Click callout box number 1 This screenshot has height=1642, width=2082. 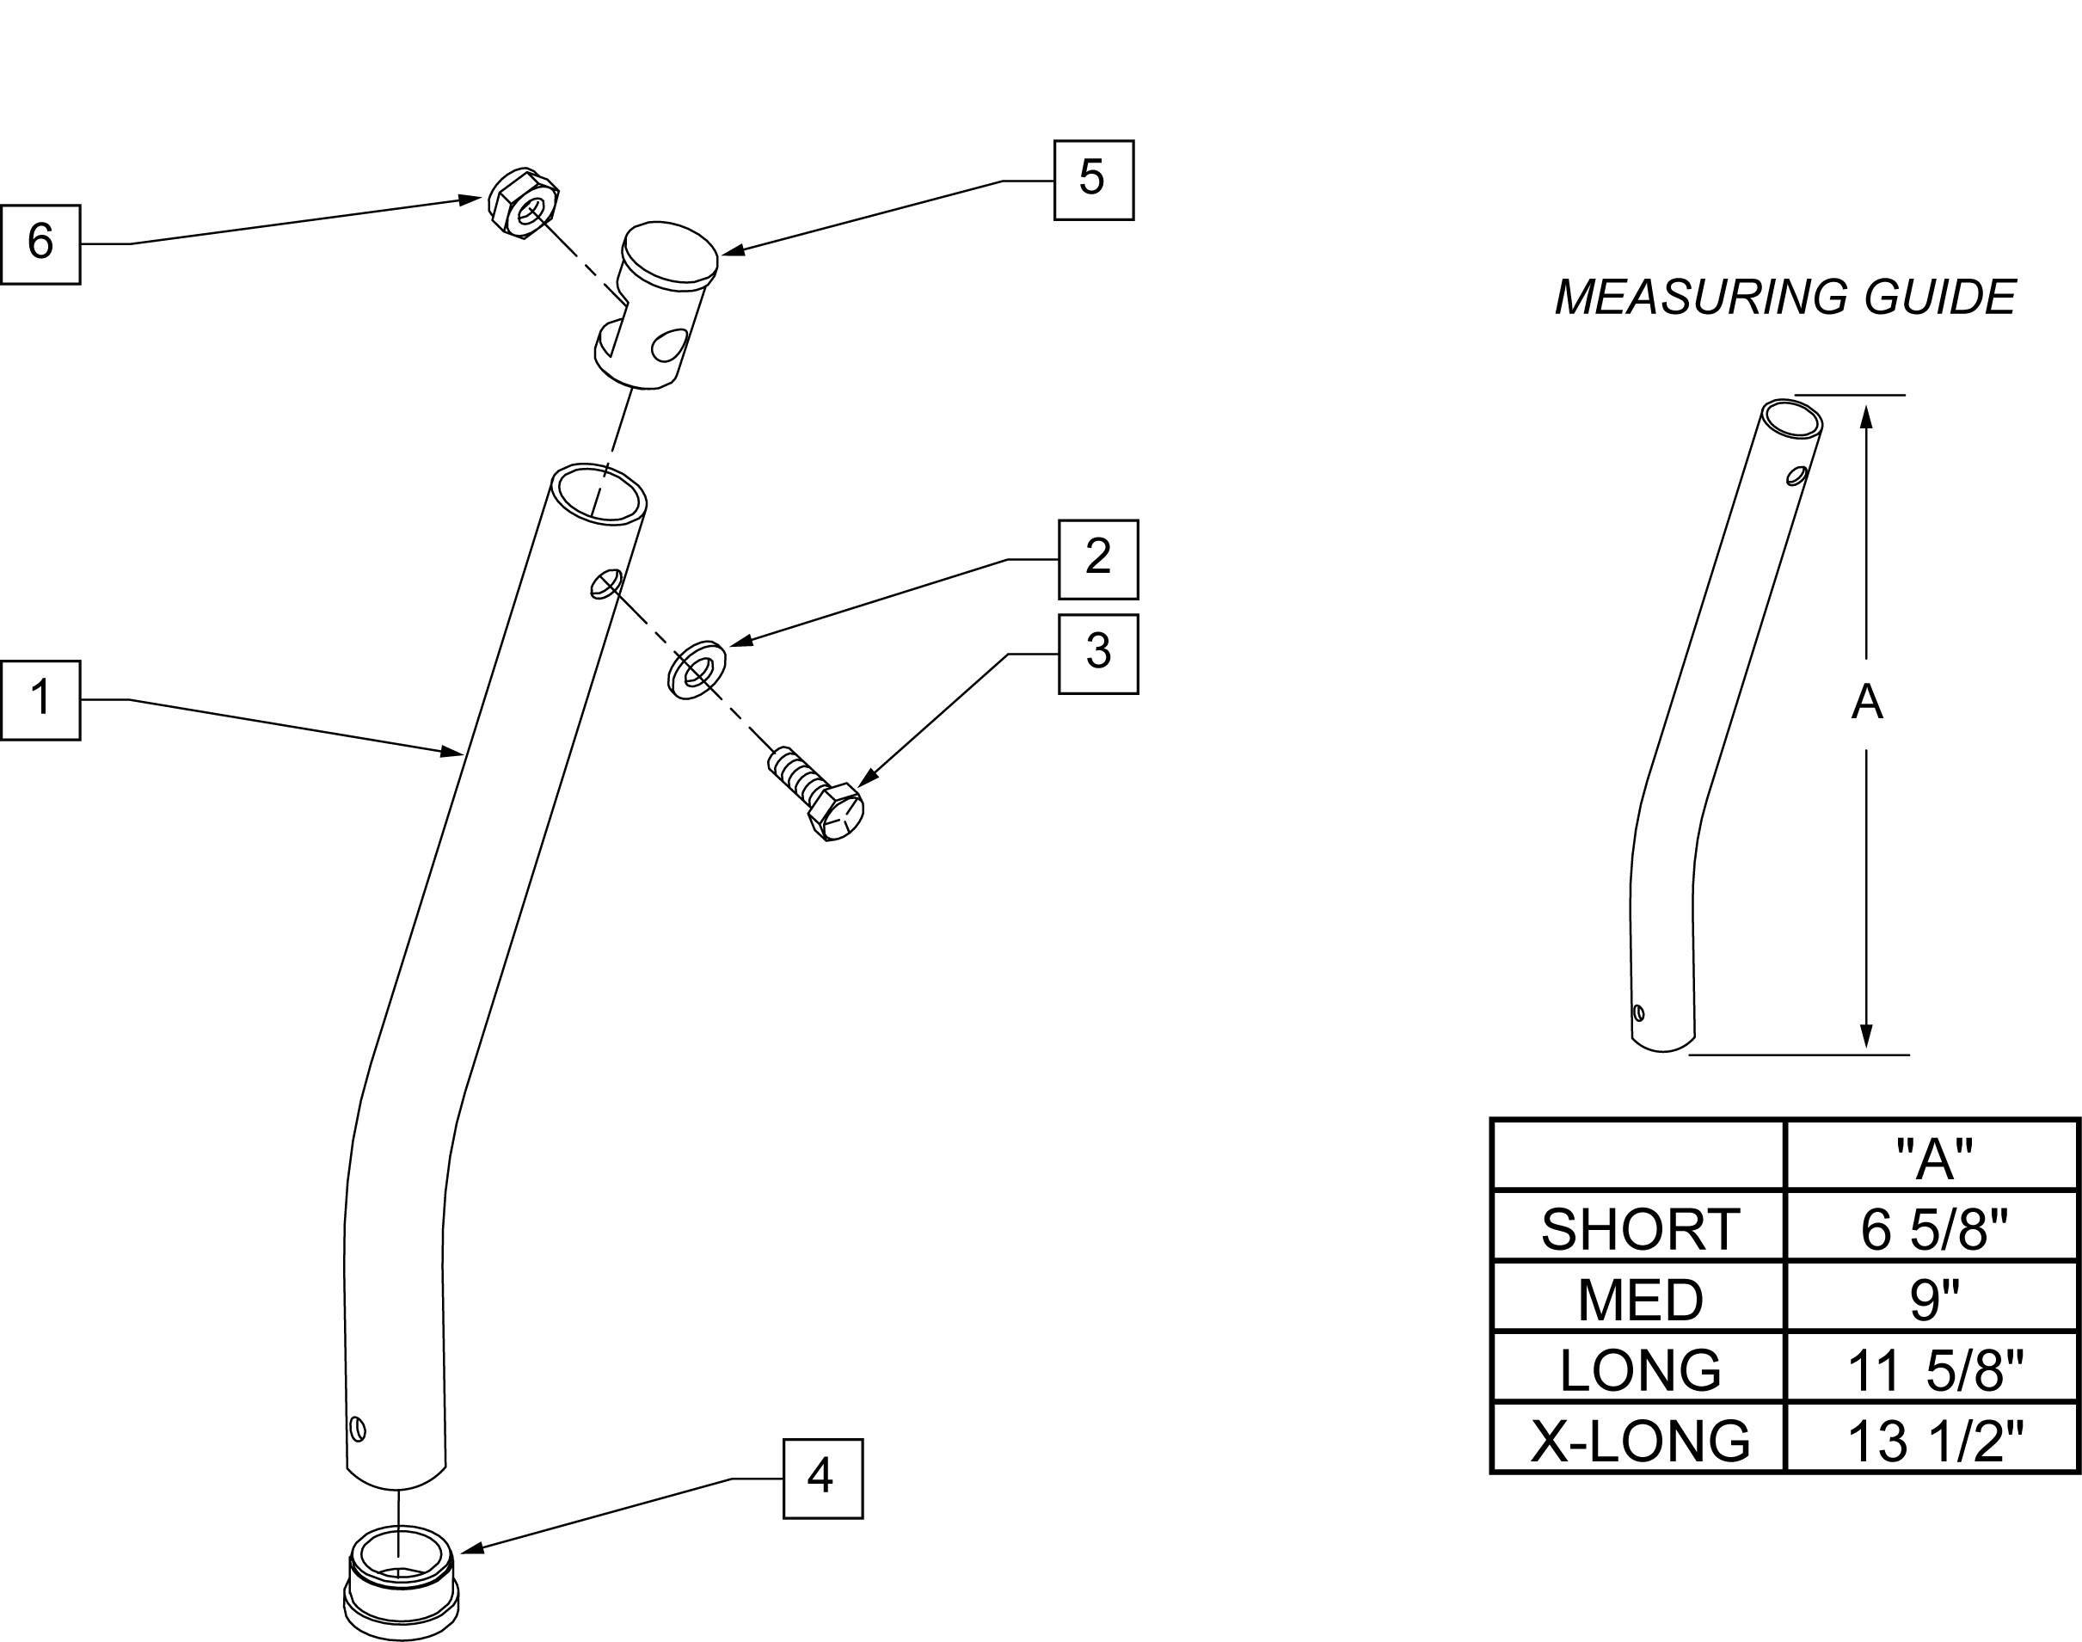[x=40, y=700]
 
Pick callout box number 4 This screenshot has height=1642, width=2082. [x=823, y=1479]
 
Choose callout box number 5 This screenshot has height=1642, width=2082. [x=1094, y=180]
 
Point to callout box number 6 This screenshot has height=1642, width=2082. [x=40, y=244]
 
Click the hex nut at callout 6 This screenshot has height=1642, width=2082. [x=524, y=204]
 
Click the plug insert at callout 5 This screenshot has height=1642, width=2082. [x=656, y=304]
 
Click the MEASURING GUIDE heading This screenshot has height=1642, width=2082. [x=1785, y=297]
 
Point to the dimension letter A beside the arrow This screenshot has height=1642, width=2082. [x=1867, y=703]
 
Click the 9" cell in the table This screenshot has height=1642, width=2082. [x=1934, y=1300]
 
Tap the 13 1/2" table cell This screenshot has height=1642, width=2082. [x=1935, y=1441]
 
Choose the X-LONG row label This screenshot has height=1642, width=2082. [x=1640, y=1441]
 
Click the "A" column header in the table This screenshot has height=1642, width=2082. [x=1934, y=1159]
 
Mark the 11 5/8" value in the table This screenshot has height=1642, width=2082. [x=1935, y=1371]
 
